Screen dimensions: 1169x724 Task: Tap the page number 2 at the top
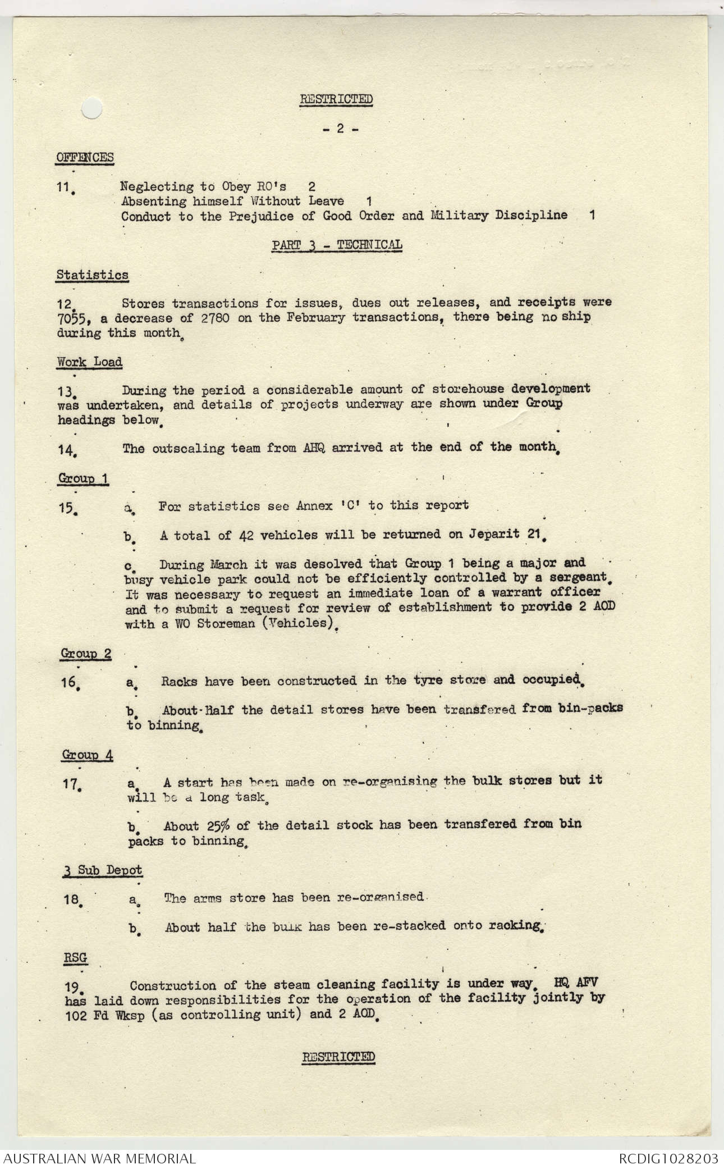[x=340, y=129]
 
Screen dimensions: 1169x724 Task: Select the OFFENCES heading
[x=85, y=157]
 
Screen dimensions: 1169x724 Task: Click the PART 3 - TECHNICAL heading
[x=337, y=245]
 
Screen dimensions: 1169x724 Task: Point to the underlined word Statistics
[x=92, y=275]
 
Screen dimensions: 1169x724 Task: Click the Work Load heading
[x=89, y=362]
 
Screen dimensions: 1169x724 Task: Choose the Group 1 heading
[x=83, y=478]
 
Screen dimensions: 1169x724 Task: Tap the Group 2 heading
[x=86, y=654]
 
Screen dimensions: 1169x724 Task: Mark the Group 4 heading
[x=87, y=755]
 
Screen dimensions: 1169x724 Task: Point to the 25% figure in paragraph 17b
[x=210, y=825]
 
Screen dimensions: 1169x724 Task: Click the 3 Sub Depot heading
[x=102, y=870]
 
